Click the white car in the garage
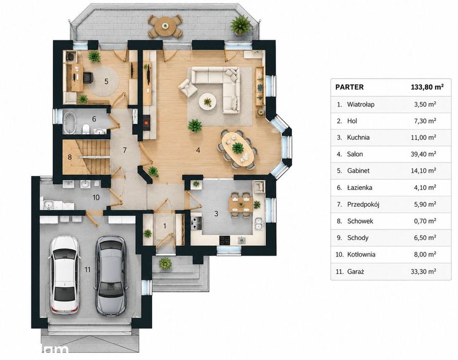coord(65,275)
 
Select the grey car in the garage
coord(111,276)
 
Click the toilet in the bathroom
coord(86,129)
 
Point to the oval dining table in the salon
coord(237,150)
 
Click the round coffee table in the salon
coord(208,102)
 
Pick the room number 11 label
coord(87,269)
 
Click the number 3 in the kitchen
coord(216,213)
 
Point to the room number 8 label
coord(69,157)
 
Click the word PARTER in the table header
coord(350,87)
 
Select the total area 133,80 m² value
coord(427,87)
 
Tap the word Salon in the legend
coord(355,154)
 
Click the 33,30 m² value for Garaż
coord(423,272)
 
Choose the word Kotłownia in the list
coord(361,255)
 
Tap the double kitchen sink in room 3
coord(258,224)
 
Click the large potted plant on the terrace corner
coord(240,25)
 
